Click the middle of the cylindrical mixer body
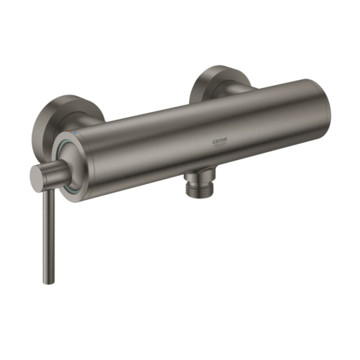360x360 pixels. pos(196,138)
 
